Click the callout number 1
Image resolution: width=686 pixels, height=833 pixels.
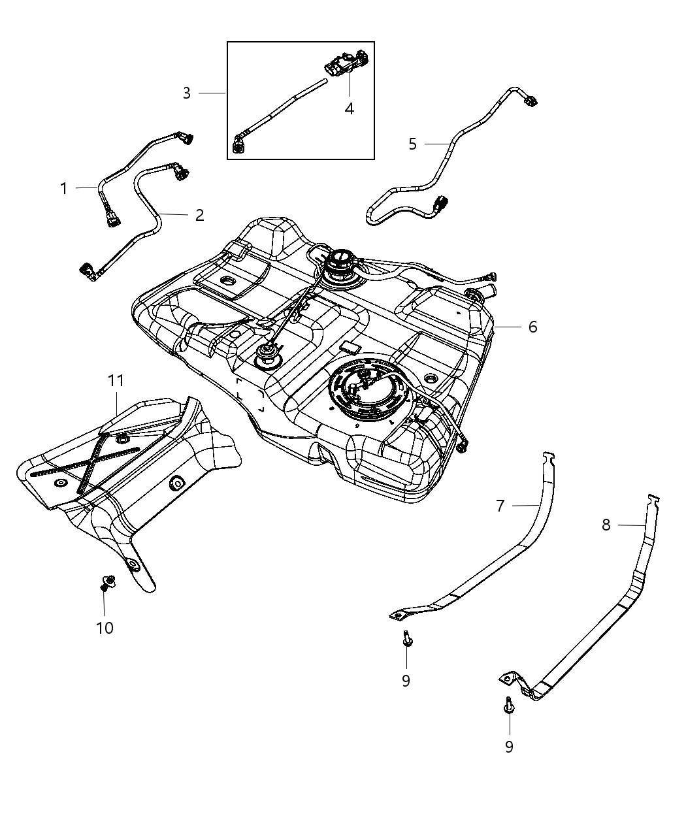pyautogui.click(x=64, y=189)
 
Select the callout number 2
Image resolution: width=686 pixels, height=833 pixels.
pyautogui.click(x=199, y=215)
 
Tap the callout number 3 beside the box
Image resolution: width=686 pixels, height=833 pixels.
pyautogui.click(x=186, y=93)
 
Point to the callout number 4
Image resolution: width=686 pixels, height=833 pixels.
pyautogui.click(x=350, y=109)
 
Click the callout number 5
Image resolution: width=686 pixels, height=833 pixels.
pyautogui.click(x=412, y=144)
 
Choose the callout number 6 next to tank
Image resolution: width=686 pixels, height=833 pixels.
pyautogui.click(x=532, y=327)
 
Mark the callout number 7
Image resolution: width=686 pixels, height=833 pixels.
pyautogui.click(x=500, y=506)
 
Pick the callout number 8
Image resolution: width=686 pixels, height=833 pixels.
pyautogui.click(x=606, y=525)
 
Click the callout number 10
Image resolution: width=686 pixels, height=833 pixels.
pyautogui.click(x=105, y=628)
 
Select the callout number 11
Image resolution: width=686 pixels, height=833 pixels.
pyautogui.click(x=116, y=380)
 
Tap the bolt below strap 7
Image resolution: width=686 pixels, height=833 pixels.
pyautogui.click(x=406, y=638)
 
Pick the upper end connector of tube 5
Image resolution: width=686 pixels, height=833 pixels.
pyautogui.click(x=531, y=100)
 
